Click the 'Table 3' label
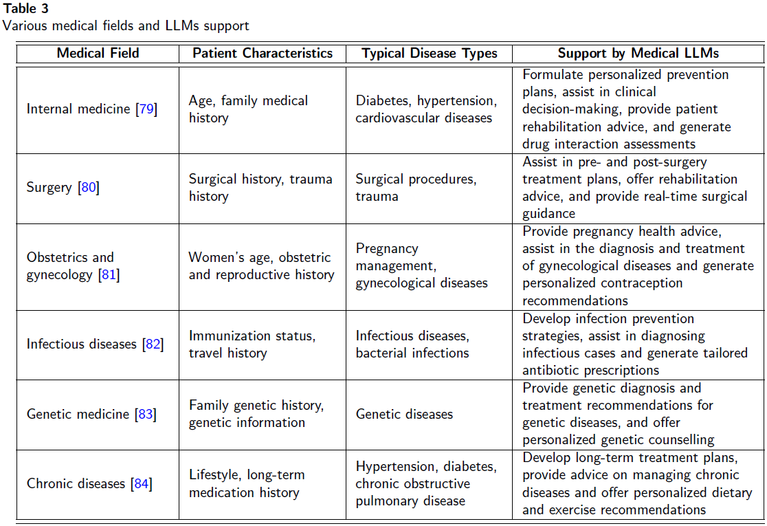(25, 9)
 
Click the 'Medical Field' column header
(98, 53)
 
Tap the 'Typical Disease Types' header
(429, 53)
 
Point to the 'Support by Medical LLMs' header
(638, 53)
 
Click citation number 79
(146, 109)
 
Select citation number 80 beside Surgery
(89, 187)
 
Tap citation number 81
(109, 274)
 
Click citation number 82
(153, 344)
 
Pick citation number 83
(146, 414)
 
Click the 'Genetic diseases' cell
(404, 414)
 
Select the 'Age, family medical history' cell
(248, 109)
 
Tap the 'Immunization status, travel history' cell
(252, 344)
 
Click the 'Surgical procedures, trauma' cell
(415, 187)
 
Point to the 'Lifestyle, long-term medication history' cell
(246, 483)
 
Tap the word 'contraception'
(643, 283)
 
